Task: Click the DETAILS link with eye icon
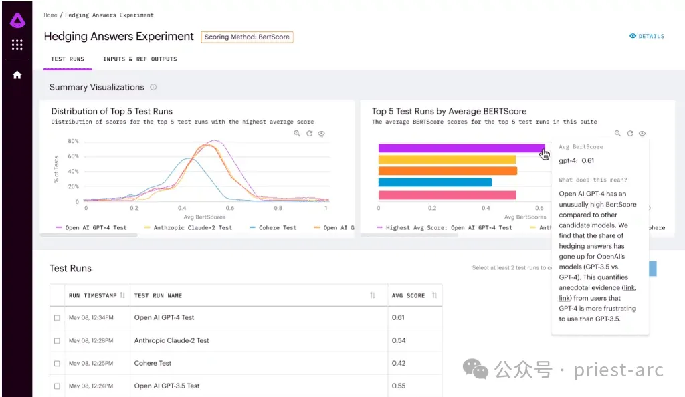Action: pos(647,36)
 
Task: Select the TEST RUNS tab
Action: pos(68,59)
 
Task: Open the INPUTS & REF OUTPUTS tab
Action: pos(140,59)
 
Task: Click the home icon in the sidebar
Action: pos(17,75)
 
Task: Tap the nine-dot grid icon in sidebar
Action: pos(17,45)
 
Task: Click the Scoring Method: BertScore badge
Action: pos(247,37)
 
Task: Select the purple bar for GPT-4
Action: pos(462,148)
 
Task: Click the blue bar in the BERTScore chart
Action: pos(435,182)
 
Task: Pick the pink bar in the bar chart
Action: pos(447,195)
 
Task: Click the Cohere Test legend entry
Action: pos(273,228)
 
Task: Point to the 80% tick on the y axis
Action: pos(73,142)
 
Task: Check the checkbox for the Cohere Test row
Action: pos(57,364)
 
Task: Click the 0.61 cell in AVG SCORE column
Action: pos(398,317)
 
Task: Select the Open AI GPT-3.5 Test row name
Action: pos(167,386)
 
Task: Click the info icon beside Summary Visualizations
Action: pos(153,88)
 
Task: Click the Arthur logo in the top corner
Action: pos(17,21)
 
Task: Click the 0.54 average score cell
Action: pos(399,341)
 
